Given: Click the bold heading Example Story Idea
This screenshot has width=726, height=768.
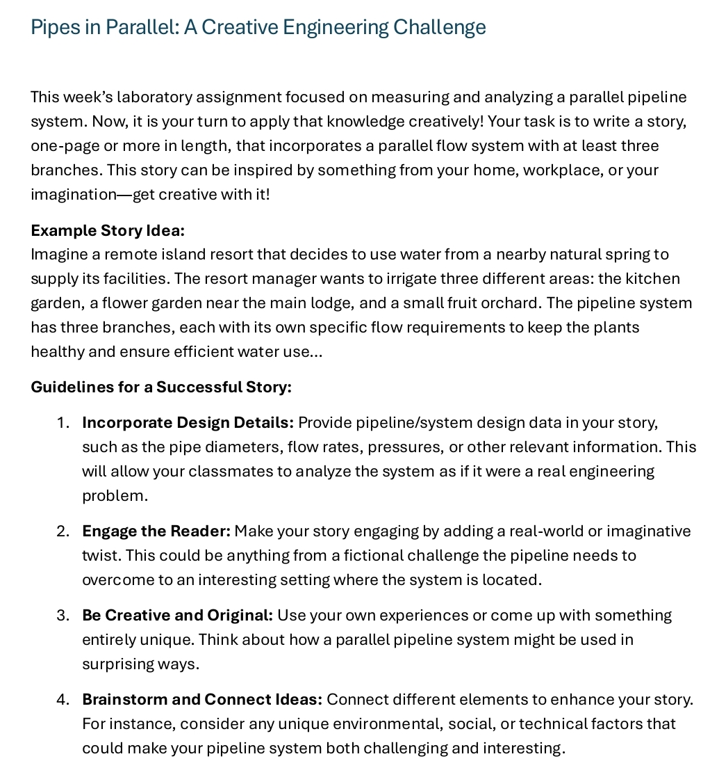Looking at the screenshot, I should click(x=108, y=230).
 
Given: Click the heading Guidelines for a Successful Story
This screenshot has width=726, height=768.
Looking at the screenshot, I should click(x=161, y=387).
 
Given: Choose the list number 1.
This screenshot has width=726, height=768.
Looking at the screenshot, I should click(x=63, y=423).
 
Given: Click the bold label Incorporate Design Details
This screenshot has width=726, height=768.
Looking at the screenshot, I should click(x=188, y=423).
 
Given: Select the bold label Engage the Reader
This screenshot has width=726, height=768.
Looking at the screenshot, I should click(x=156, y=531).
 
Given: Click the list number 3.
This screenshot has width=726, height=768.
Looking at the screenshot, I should click(x=63, y=616).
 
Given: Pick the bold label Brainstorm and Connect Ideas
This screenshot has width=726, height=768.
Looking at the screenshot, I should click(x=202, y=700).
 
